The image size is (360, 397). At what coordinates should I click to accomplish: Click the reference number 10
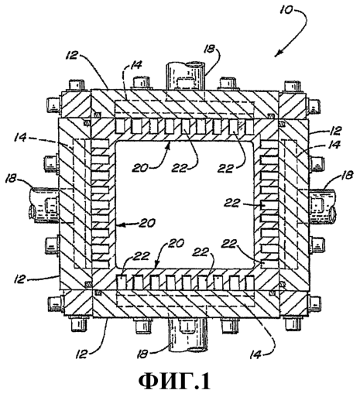coord(287,9)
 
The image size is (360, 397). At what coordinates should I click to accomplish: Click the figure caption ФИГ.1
coord(175,382)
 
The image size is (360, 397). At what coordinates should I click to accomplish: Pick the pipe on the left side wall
coord(44,205)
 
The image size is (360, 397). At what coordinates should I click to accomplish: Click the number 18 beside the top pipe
coord(209,50)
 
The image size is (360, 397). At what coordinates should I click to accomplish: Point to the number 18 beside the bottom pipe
coord(143,354)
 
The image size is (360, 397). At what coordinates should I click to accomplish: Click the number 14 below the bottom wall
coord(256,354)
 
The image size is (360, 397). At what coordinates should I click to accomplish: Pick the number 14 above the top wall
coord(135,65)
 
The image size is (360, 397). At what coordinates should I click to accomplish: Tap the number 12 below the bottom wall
coord(82,354)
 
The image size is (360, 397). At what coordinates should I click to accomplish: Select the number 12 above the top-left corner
coord(71,55)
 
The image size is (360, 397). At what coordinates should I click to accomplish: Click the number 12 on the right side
coord(335,131)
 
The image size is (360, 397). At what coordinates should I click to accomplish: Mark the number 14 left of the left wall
coord(21,138)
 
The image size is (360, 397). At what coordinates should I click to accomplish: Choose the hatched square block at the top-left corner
coord(75,104)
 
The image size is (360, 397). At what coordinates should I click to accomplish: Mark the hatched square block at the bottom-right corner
coord(294,303)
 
